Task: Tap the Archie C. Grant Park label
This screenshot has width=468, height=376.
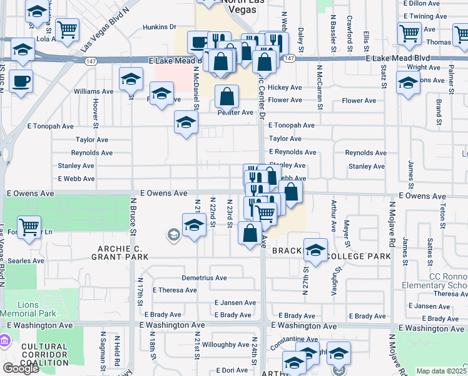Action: coord(120,252)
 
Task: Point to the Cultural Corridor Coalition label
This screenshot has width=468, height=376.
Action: coord(44,354)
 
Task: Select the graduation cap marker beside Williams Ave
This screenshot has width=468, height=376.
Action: coord(131,78)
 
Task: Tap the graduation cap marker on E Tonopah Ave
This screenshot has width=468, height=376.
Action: coord(186,123)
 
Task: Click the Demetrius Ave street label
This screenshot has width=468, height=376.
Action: coord(204,278)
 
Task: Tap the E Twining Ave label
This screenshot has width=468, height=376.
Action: coord(425,16)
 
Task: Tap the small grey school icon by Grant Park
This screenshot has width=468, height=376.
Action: coord(173,235)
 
